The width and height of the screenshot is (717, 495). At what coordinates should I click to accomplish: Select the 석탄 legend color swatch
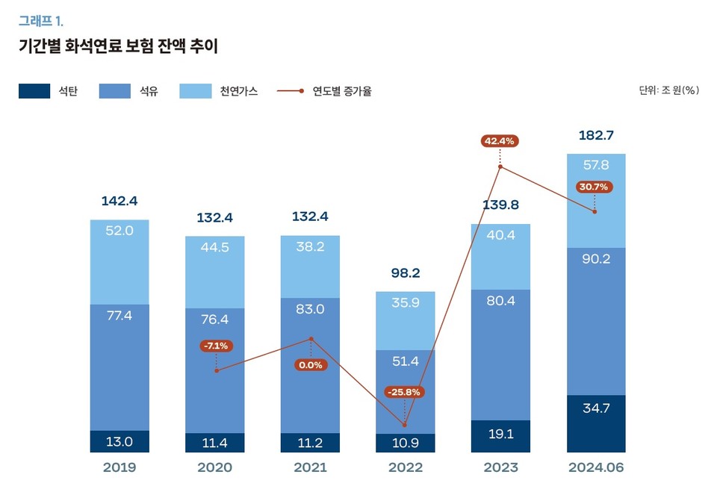34,91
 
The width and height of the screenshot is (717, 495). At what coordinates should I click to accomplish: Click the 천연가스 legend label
238,91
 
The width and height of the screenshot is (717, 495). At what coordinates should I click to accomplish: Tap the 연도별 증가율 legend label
342,91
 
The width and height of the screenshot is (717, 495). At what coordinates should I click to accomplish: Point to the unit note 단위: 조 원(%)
668,90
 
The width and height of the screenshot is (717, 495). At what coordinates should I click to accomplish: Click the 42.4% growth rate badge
500,141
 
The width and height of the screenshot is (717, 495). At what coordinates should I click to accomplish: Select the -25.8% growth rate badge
404,392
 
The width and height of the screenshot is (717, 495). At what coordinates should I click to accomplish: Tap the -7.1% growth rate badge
216,346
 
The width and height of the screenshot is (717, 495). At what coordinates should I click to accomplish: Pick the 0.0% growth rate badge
310,365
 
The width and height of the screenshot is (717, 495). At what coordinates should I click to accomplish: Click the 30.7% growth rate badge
595,187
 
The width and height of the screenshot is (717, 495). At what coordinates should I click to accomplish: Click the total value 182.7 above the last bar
595,135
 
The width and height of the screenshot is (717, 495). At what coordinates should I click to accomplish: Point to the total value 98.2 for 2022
404,273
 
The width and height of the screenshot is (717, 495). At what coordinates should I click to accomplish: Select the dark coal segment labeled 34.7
595,423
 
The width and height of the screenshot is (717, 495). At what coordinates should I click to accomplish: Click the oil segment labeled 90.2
595,321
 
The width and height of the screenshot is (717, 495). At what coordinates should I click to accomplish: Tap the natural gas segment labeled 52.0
119,261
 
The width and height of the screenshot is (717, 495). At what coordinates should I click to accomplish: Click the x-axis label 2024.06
595,468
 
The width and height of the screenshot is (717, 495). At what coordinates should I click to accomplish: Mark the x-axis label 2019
119,468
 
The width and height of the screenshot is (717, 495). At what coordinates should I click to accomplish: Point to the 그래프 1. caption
41,20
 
